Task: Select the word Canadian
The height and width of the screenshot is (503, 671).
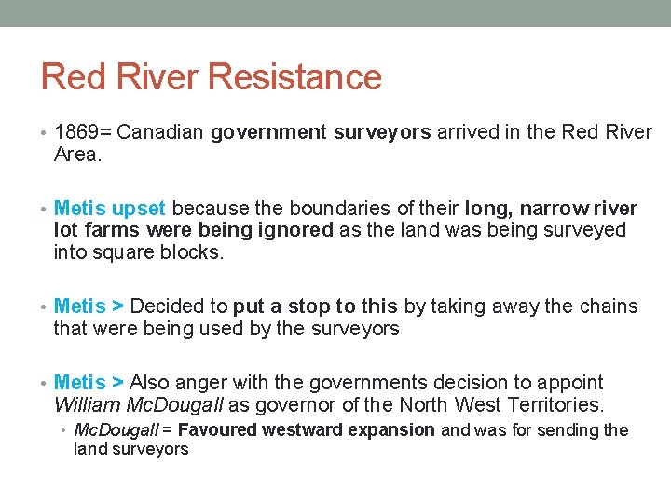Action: [161, 132]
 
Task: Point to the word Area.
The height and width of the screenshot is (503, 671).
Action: [76, 155]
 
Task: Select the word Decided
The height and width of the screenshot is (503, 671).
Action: [166, 306]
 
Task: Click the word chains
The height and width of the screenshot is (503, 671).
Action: [606, 306]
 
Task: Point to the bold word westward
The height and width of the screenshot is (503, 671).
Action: [302, 429]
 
